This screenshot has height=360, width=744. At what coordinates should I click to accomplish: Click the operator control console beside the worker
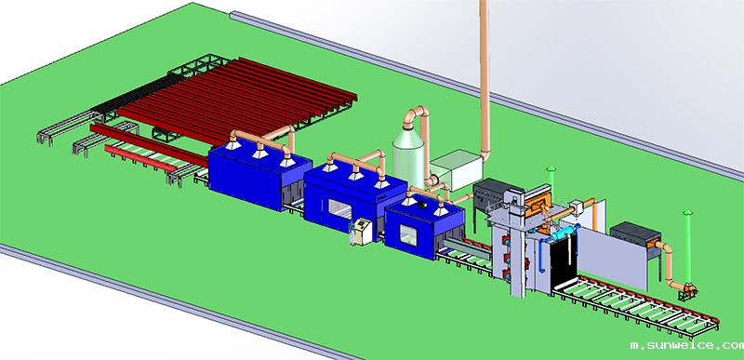(x=363, y=231)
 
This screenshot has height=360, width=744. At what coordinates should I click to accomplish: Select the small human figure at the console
(x=352, y=233)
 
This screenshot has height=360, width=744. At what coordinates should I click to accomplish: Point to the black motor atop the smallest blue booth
(x=422, y=205)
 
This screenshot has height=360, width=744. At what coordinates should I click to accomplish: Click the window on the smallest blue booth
(x=408, y=235)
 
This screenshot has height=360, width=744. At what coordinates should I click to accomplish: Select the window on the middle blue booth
(x=339, y=209)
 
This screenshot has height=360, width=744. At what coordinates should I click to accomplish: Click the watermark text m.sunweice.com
(x=686, y=346)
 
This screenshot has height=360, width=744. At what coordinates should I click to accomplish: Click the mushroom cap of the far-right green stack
(x=687, y=212)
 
